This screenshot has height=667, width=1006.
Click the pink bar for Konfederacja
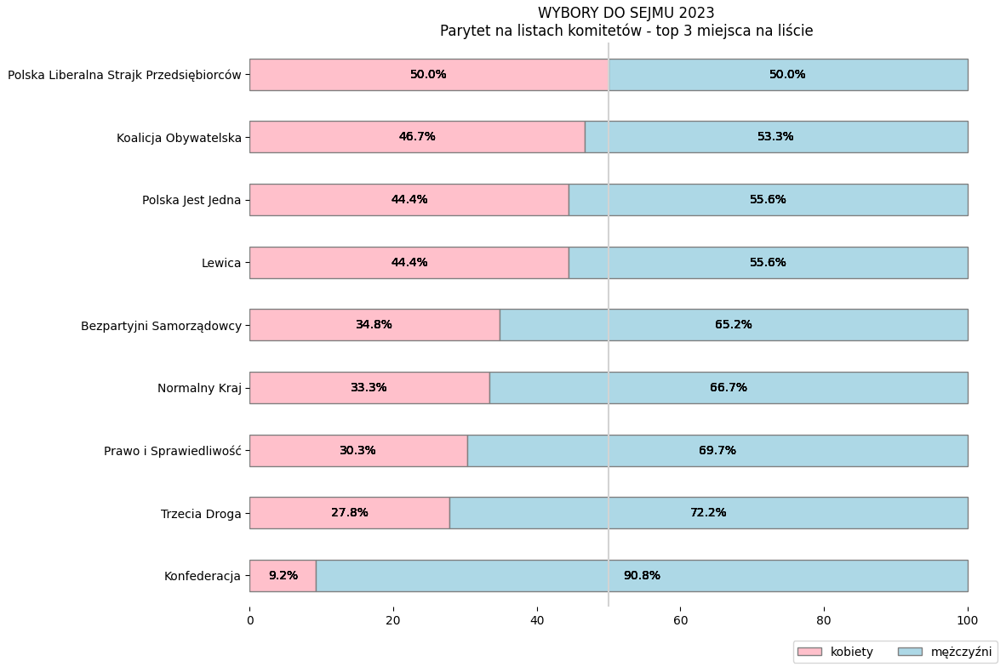pos(283,576)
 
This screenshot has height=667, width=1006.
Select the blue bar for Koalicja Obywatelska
pos(775,137)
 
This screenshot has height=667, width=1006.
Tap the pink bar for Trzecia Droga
pos(349,513)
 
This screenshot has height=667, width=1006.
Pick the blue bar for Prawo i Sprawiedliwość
pos(717,451)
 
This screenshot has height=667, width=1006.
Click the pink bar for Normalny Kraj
pos(369,388)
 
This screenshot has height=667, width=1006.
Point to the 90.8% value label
pos(641,576)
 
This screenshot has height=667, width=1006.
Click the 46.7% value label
pos(417,137)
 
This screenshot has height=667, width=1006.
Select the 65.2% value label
pos(733,325)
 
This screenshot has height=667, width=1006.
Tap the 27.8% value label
pos(349,513)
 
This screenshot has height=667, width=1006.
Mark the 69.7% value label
pos(717,451)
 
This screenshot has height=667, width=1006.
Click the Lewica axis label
pos(221,263)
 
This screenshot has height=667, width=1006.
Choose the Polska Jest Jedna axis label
pos(191,201)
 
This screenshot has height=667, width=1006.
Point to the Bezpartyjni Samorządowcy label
pos(161,326)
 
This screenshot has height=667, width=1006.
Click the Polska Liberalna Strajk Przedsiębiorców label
pos(124,75)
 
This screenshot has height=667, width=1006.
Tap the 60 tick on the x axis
pos(680,621)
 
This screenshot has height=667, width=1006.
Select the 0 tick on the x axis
pos(249,621)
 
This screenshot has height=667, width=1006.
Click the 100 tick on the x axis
pos(968,621)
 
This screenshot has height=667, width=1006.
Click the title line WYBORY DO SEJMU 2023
pos(626,13)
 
